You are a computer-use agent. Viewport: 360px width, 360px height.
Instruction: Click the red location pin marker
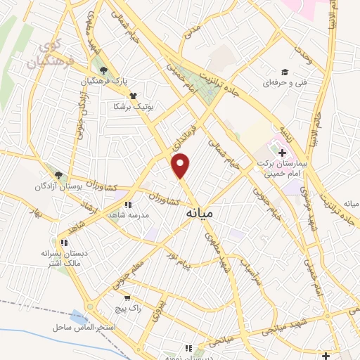181,165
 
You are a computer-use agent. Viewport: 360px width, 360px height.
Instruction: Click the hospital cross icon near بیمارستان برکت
282,153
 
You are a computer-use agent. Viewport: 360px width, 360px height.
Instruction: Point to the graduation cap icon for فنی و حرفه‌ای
285,72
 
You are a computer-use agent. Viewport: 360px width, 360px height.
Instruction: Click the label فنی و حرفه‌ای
278,84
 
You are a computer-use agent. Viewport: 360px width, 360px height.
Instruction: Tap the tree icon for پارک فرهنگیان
105,70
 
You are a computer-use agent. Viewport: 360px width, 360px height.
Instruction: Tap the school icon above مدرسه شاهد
127,205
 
